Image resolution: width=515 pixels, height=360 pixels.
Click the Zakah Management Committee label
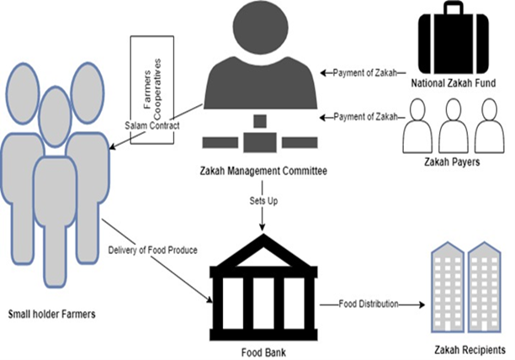point(262,171)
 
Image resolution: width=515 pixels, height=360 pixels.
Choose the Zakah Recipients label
point(468,348)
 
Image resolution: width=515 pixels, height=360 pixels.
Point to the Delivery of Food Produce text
point(154,250)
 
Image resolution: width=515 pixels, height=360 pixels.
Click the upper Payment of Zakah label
point(363,72)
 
